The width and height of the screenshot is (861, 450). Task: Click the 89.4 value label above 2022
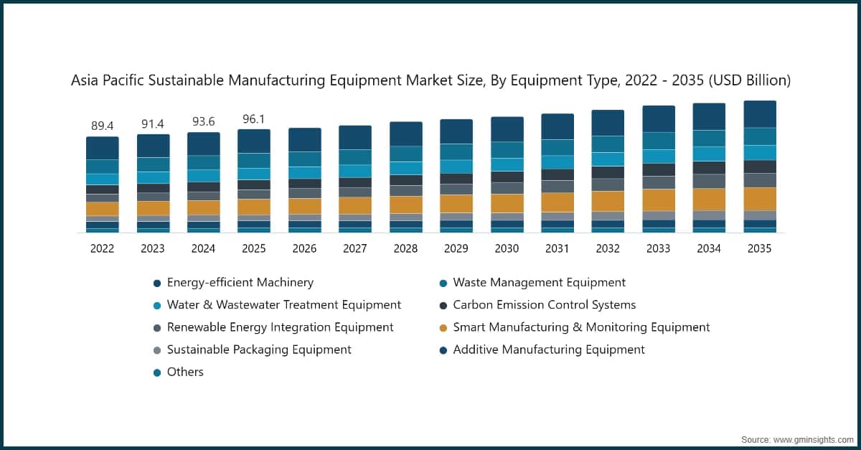[103, 126]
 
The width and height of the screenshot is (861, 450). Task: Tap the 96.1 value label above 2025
[254, 119]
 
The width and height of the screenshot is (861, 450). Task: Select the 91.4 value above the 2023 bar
[153, 123]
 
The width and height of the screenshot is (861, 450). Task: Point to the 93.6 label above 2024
[204, 121]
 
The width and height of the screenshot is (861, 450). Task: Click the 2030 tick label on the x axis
[507, 248]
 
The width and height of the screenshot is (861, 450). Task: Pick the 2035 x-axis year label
[759, 248]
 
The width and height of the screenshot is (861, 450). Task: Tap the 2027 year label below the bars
[355, 248]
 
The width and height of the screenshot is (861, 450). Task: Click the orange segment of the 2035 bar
[759, 198]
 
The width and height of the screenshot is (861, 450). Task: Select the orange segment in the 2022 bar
[103, 209]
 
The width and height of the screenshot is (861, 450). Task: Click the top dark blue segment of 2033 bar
[658, 118]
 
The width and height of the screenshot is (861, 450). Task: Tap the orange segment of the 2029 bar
[456, 203]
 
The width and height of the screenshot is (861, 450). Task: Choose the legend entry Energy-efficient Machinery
[240, 283]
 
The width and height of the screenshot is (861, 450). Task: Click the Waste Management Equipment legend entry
[539, 283]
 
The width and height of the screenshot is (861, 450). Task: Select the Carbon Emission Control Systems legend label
[544, 305]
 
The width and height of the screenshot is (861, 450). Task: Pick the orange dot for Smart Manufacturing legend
[443, 328]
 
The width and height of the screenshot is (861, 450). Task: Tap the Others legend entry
[185, 372]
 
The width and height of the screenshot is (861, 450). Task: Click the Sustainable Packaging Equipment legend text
[259, 350]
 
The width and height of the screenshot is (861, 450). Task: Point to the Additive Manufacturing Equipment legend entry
[548, 350]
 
